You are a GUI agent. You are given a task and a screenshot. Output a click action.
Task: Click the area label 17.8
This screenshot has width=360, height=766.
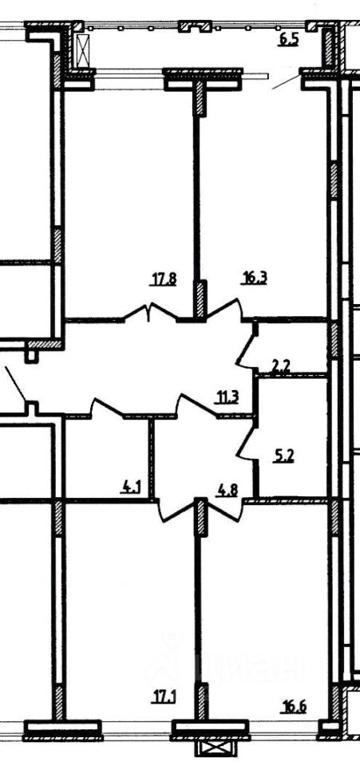(x=163, y=279)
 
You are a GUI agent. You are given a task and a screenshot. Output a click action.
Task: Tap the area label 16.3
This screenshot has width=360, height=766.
(x=255, y=279)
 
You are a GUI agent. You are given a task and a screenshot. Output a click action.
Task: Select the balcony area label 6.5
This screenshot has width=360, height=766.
(x=288, y=40)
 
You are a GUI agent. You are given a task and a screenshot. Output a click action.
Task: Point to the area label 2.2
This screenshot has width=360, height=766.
(x=281, y=367)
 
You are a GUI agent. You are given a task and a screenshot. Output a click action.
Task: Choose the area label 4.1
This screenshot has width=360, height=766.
(x=130, y=487)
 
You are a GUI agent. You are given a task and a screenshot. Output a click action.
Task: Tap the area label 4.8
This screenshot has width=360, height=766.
(x=227, y=489)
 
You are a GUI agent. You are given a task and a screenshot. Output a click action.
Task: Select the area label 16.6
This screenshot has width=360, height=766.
(x=294, y=706)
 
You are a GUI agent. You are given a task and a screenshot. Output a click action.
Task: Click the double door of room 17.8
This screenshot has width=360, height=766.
(x=150, y=313)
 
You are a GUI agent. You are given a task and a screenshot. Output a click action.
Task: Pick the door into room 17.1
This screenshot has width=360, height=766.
(x=179, y=510)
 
